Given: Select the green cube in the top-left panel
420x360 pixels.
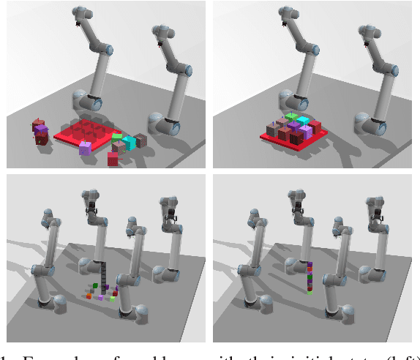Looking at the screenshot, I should [117, 136].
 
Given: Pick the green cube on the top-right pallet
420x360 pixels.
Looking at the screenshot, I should [292, 117].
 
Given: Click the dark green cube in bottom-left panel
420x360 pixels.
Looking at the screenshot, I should [94, 285].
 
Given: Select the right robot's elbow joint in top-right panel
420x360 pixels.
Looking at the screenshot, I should [394, 70].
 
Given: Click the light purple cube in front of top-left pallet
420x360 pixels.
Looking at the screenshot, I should [86, 149].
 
